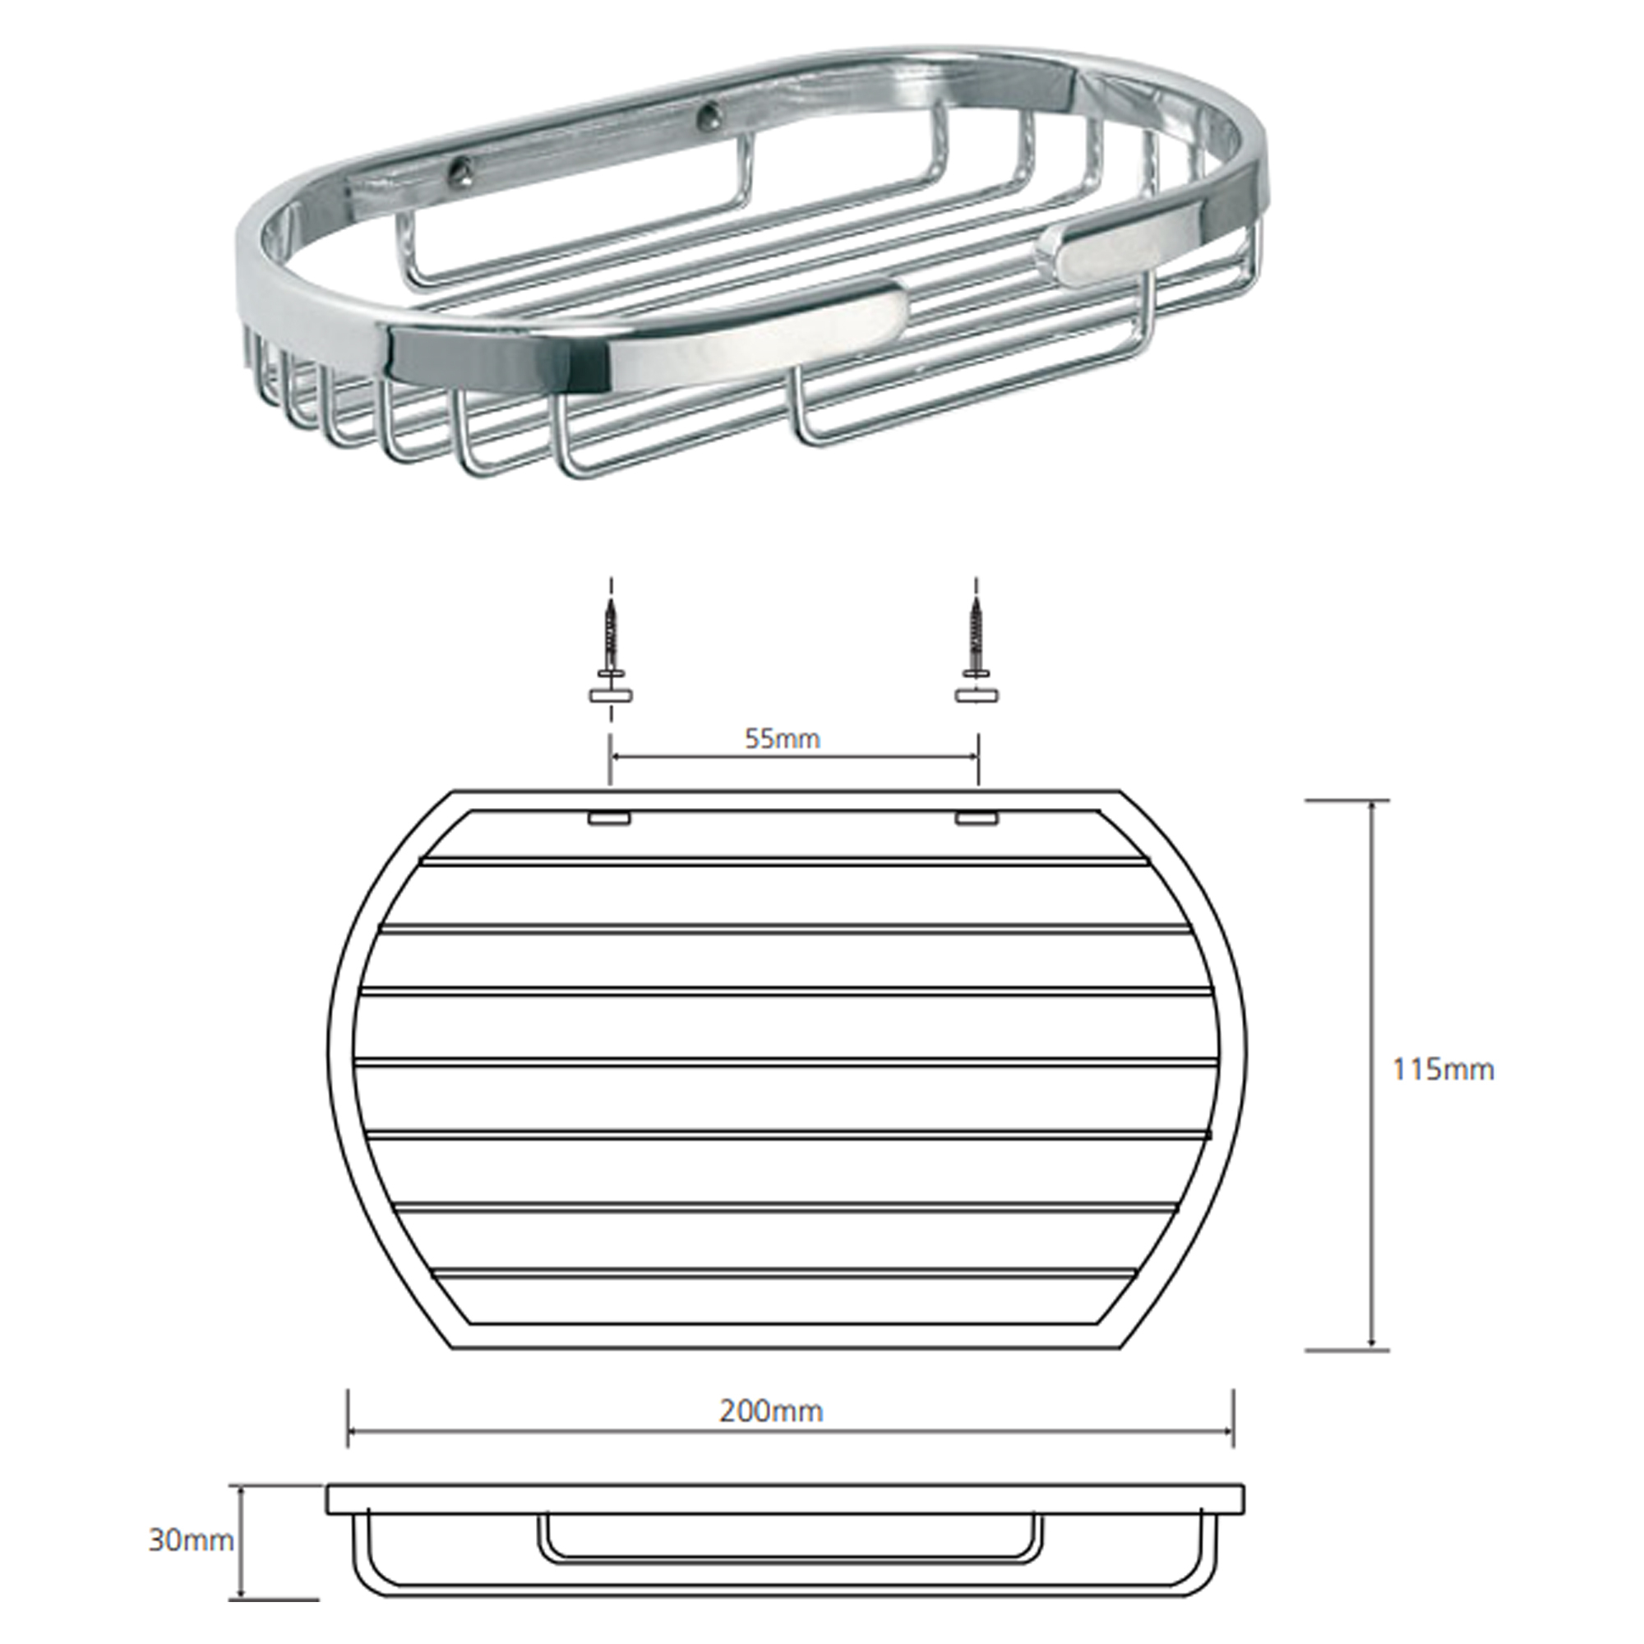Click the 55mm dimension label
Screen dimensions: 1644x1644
click(x=783, y=739)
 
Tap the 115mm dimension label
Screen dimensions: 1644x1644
click(x=1443, y=1069)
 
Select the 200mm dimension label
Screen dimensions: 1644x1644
click(x=771, y=1411)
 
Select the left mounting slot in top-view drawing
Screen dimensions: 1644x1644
click(x=607, y=818)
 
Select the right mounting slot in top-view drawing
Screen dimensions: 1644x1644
click(x=976, y=818)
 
